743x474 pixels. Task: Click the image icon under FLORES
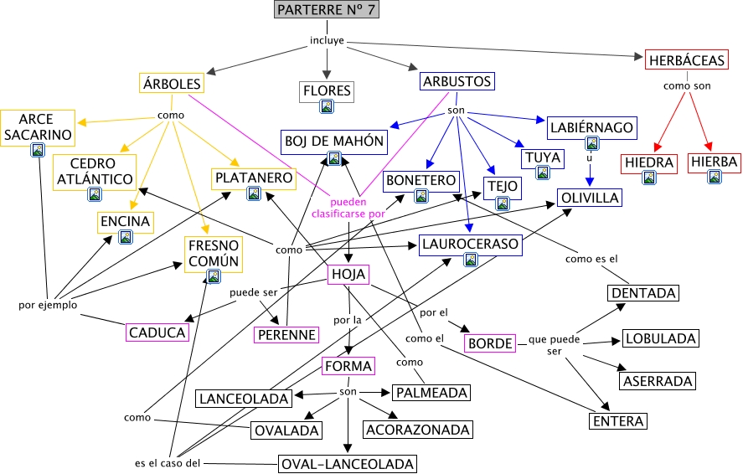pyautogui.click(x=327, y=106)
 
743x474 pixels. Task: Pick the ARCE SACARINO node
pyautogui.click(x=37, y=126)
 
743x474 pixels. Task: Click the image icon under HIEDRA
pyautogui.click(x=648, y=178)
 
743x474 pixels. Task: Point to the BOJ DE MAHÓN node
pyautogui.click(x=333, y=141)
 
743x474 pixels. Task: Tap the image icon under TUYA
pyautogui.click(x=542, y=173)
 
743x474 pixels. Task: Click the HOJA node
pyautogui.click(x=348, y=274)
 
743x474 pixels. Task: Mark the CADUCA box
pyautogui.click(x=157, y=332)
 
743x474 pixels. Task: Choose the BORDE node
pyautogui.click(x=489, y=343)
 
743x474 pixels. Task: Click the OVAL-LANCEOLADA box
pyautogui.click(x=348, y=462)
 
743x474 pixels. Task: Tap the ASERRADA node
pyautogui.click(x=658, y=381)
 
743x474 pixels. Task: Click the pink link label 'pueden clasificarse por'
pyautogui.click(x=347, y=208)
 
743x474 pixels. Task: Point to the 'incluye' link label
pyautogui.click(x=327, y=40)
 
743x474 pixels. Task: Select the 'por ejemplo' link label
pyautogui.click(x=48, y=305)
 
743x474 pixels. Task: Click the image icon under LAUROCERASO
pyautogui.click(x=471, y=260)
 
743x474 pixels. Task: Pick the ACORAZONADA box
pyautogui.click(x=417, y=429)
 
